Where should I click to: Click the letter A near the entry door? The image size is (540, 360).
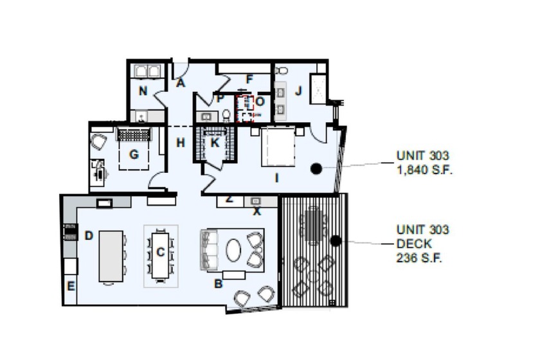tap(181, 82)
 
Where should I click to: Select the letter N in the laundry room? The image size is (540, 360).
tap(143, 91)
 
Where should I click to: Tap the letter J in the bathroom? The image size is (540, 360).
tap(298, 91)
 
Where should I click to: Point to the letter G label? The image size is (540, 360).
tap(134, 154)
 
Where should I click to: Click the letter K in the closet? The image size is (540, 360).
tap(215, 143)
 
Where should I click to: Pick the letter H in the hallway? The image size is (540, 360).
tap(181, 143)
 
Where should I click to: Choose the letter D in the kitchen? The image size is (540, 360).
tap(89, 235)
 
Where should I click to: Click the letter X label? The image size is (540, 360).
tap(257, 211)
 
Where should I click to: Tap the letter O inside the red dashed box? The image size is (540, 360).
tap(260, 102)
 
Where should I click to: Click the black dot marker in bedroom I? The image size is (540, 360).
tap(316, 169)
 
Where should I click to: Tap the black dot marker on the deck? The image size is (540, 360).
tap(335, 241)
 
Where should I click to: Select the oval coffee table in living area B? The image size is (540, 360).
tap(233, 250)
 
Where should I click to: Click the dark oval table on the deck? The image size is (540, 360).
tap(312, 225)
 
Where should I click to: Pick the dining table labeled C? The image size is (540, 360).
tap(160, 253)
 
